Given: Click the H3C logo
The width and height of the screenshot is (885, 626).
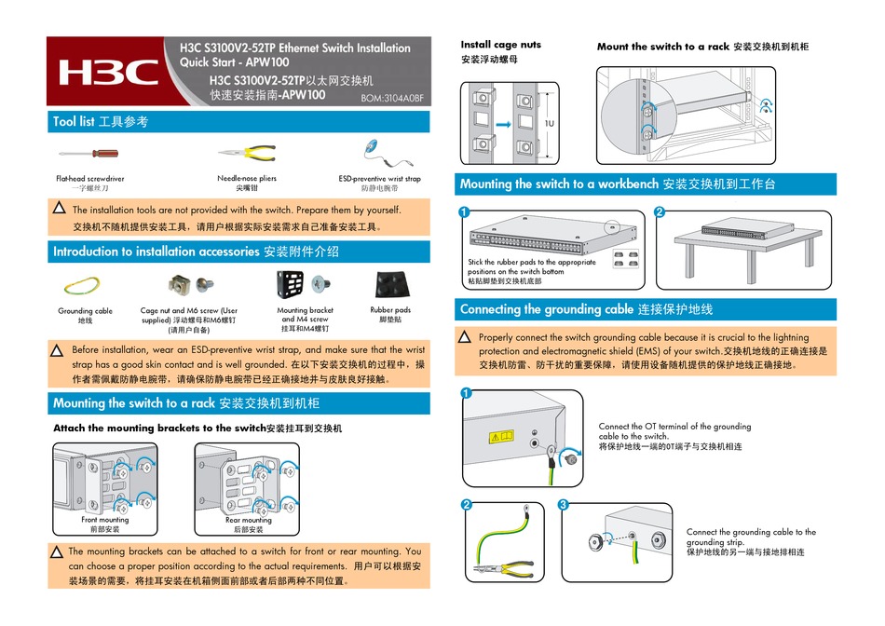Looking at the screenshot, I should (107, 73).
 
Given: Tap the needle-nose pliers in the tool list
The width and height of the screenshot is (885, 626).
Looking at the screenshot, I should (246, 154).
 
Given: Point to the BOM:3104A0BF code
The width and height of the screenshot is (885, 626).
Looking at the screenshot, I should (391, 97).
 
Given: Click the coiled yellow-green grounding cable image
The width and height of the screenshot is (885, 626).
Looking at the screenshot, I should (85, 284).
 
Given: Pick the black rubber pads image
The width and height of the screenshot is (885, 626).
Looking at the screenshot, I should (389, 284).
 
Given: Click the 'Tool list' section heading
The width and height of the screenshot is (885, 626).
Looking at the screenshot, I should (100, 122).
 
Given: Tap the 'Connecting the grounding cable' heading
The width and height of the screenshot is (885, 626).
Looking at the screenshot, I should (586, 309).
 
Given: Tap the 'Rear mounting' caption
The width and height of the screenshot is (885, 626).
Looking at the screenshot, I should (248, 520).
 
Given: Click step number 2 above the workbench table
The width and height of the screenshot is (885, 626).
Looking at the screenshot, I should (660, 212).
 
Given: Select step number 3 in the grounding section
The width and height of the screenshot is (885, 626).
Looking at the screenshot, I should (563, 505).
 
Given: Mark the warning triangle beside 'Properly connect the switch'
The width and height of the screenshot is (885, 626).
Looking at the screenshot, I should (467, 336).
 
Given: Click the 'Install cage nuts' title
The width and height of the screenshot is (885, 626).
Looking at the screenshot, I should (500, 45).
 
